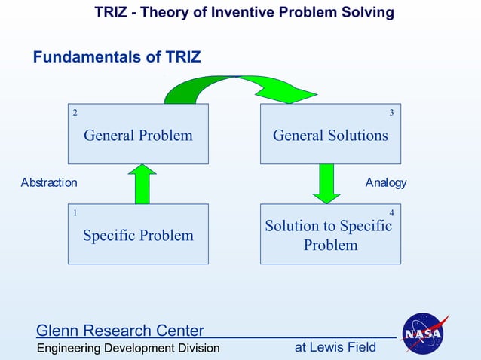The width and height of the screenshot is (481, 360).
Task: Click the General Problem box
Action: click(x=138, y=135)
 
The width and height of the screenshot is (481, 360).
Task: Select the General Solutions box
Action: click(x=330, y=135)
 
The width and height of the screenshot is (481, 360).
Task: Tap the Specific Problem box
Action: click(x=138, y=235)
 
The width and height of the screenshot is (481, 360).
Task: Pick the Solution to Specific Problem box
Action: click(x=330, y=235)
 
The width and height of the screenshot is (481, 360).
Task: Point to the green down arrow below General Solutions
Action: click(x=326, y=183)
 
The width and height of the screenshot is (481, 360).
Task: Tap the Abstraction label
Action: click(x=49, y=182)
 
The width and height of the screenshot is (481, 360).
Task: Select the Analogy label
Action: click(x=385, y=182)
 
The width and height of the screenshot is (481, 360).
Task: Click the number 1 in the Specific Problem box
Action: click(x=75, y=213)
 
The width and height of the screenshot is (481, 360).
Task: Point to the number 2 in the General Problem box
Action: click(x=75, y=113)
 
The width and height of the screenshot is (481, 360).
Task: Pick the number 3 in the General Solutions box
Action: click(x=391, y=113)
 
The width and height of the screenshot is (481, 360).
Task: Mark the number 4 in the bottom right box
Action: click(x=391, y=213)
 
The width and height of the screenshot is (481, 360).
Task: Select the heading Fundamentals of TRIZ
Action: click(x=117, y=57)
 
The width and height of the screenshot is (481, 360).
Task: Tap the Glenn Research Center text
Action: click(x=121, y=331)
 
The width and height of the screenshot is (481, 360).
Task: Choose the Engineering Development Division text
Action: click(x=128, y=348)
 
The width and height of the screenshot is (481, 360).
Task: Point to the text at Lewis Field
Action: click(x=335, y=347)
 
